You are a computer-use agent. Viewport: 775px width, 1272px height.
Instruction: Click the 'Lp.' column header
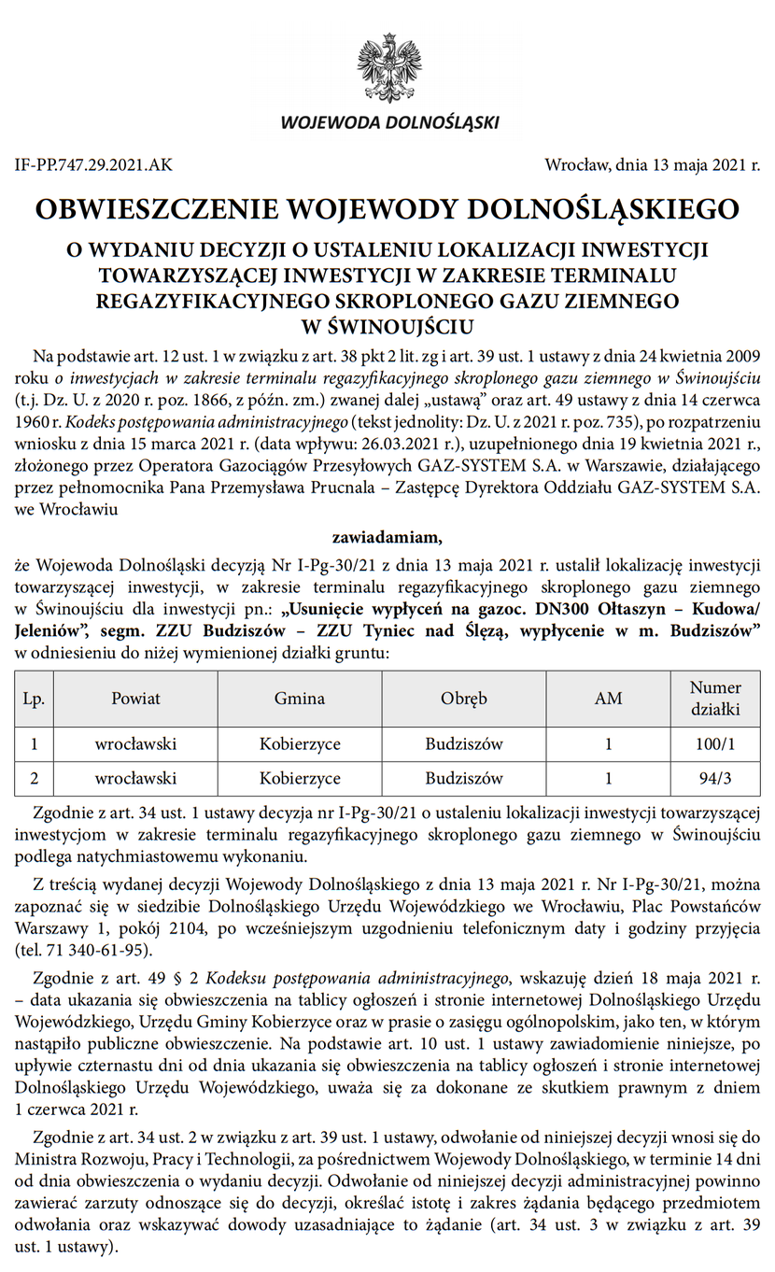(x=35, y=699)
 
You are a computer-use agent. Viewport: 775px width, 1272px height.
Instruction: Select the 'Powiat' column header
(x=135, y=699)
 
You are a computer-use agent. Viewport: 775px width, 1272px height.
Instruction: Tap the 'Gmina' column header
(x=300, y=699)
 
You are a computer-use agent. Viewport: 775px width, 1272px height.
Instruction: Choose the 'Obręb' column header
(x=464, y=699)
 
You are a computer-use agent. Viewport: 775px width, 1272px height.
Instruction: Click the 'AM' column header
(x=608, y=699)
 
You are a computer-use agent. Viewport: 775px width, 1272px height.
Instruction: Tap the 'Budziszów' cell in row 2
(x=464, y=777)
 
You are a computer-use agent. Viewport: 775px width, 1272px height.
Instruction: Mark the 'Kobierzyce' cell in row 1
(x=300, y=744)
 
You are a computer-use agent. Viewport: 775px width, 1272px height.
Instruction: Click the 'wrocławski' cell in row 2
(x=135, y=777)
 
